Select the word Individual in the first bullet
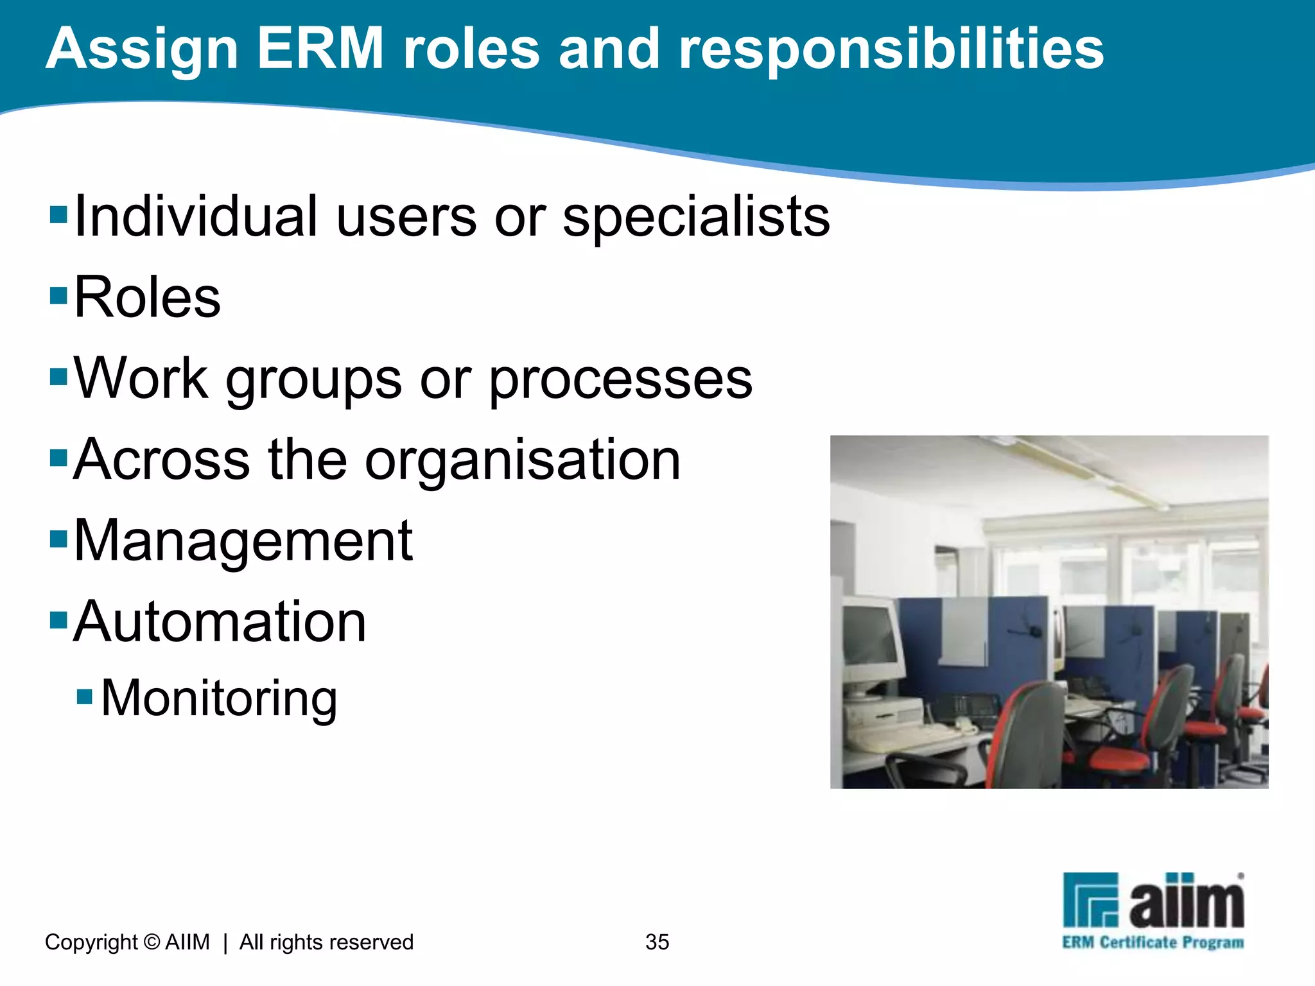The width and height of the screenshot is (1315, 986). [196, 216]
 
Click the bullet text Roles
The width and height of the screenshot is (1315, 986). [147, 297]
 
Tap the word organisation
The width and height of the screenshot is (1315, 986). [523, 460]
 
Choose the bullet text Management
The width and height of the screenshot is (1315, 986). [243, 541]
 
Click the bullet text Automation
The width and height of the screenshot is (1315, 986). [220, 621]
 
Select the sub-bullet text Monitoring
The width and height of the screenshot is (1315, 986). [219, 698]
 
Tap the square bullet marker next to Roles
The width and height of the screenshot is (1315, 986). [58, 295]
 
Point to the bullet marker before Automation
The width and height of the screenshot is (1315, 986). [58, 620]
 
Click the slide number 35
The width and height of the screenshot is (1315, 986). [657, 942]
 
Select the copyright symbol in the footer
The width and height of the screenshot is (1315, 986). [152, 942]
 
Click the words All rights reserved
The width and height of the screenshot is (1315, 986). [326, 942]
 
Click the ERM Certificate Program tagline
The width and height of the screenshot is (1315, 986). [1153, 942]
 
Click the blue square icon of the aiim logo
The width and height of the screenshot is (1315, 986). [1090, 899]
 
